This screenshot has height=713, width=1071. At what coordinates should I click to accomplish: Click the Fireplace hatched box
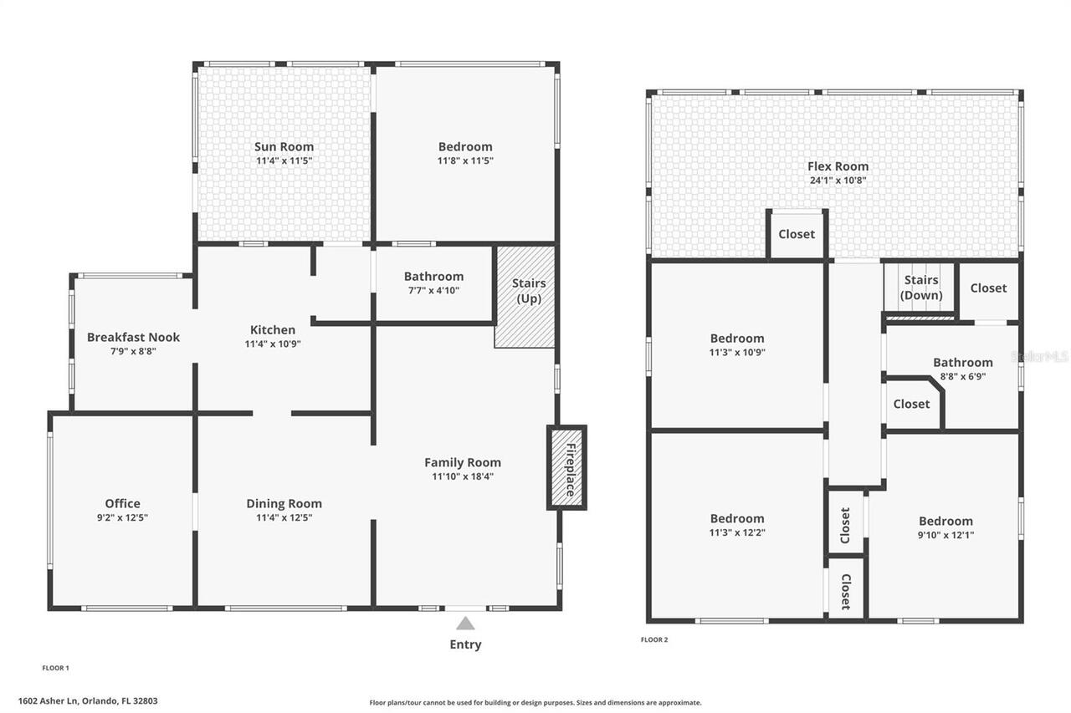[567, 467]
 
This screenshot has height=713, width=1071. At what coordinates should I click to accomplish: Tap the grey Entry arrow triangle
[465, 624]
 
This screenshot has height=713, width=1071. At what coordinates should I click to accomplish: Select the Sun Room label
[284, 146]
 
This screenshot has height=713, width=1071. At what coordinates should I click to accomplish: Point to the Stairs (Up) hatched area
[525, 297]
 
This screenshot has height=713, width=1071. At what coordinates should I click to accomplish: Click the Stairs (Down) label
[921, 288]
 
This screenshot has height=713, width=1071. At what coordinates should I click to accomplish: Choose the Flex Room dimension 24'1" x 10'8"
[838, 181]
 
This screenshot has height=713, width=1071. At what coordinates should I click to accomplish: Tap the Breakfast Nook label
[133, 337]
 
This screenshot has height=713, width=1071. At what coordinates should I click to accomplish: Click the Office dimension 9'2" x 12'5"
[122, 517]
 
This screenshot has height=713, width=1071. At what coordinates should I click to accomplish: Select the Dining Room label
[284, 503]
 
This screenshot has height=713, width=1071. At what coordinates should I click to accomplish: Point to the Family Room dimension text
[463, 476]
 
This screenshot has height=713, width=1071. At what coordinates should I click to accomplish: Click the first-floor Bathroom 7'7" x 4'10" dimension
[433, 290]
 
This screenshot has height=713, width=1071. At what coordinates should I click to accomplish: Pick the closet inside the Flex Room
[797, 235]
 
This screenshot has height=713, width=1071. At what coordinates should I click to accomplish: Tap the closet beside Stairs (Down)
[989, 292]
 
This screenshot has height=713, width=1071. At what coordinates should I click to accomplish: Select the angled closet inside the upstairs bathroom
[912, 405]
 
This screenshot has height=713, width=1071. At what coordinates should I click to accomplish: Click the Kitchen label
[273, 330]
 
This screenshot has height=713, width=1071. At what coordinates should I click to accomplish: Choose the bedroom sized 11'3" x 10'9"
[737, 345]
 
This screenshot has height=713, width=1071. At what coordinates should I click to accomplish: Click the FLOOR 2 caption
[654, 640]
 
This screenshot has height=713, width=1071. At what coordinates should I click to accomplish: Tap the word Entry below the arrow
[465, 644]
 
